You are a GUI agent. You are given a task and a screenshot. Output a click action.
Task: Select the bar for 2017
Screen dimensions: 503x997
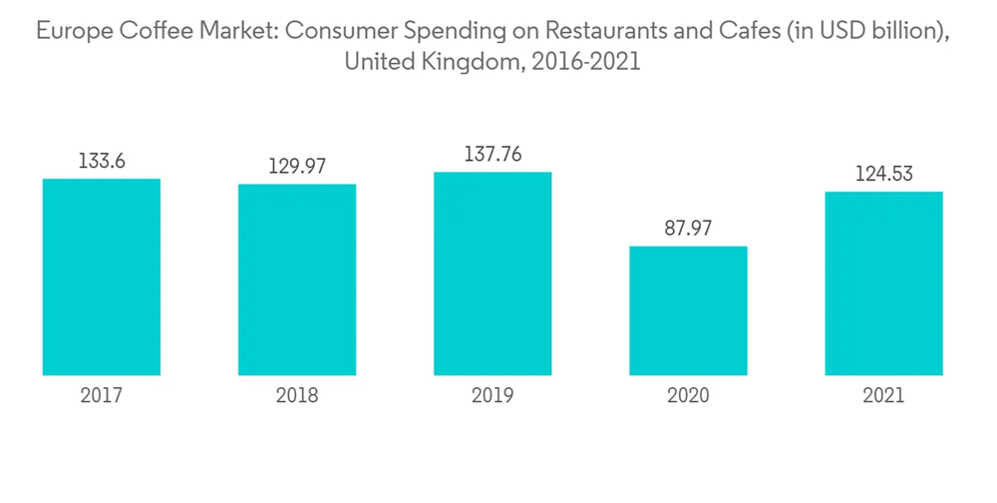pos(101,277)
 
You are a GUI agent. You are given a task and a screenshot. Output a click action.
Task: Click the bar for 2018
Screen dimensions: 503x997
pos(297,279)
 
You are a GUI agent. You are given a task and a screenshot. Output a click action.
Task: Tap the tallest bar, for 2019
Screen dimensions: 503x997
pos(493,273)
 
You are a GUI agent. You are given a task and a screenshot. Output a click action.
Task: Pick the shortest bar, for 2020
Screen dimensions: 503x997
pos(688,310)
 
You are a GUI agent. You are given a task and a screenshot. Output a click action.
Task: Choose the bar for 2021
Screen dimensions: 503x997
pos(883,283)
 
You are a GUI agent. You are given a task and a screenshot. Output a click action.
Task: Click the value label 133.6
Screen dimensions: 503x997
pos(101,160)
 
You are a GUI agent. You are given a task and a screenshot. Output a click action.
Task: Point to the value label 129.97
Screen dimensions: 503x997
pos(297,166)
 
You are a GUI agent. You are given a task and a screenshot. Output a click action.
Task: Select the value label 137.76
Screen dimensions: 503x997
pos(493,154)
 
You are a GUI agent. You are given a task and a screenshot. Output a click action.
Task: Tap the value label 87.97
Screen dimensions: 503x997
pos(688,228)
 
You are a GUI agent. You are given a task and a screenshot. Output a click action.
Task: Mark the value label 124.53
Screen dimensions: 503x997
pos(883,174)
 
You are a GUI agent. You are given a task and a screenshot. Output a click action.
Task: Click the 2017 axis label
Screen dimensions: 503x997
pos(101,396)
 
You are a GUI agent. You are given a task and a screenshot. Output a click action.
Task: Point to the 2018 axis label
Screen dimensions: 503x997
pos(297,396)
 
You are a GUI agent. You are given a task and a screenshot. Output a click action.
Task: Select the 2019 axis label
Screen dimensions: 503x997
pos(493,396)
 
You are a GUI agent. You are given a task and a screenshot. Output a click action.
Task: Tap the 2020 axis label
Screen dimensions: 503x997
pos(688,396)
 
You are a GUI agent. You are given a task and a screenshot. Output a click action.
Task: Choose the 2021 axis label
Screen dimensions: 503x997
pos(883,396)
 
